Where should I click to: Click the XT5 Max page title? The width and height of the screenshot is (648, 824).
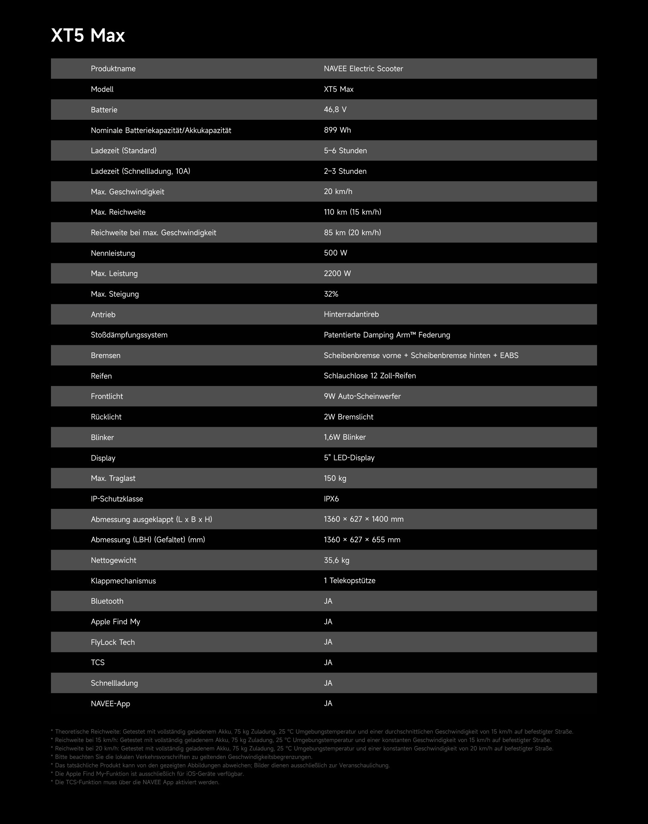[x=88, y=36]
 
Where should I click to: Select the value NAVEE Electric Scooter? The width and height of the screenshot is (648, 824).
[x=363, y=69]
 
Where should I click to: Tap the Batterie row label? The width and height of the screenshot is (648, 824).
[x=104, y=110]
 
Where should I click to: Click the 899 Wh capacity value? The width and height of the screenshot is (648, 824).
[x=337, y=130]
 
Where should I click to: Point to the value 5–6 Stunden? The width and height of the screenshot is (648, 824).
[x=345, y=150]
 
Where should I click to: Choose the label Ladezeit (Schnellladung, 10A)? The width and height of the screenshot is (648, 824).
[x=140, y=171]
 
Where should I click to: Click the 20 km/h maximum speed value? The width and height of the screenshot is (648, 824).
[x=337, y=192]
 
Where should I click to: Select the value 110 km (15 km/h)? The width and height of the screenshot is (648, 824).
[x=352, y=212]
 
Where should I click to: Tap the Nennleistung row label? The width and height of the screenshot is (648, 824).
[x=113, y=253]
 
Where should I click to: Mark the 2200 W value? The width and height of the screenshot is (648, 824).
[x=337, y=274]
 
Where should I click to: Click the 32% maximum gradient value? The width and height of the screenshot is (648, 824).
[x=331, y=294]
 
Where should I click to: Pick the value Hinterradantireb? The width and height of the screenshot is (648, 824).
[x=351, y=314]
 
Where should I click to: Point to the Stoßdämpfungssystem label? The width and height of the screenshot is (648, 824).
[x=129, y=335]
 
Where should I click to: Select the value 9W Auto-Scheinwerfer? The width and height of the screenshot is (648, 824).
[x=362, y=396]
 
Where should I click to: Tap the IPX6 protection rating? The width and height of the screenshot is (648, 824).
[x=331, y=499]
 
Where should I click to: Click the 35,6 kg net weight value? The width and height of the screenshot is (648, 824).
[x=336, y=560]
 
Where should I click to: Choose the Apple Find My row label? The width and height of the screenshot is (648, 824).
[x=115, y=622]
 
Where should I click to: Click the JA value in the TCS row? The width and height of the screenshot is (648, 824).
[x=328, y=663]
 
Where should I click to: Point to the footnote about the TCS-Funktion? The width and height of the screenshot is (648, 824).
[x=135, y=782]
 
